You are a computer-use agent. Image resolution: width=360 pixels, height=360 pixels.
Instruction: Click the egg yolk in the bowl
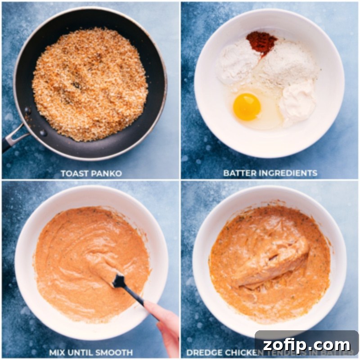point(247,107)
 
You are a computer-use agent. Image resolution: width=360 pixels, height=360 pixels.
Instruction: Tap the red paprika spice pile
point(261,42)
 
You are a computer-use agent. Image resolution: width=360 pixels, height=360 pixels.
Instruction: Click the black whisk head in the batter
point(119,281)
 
